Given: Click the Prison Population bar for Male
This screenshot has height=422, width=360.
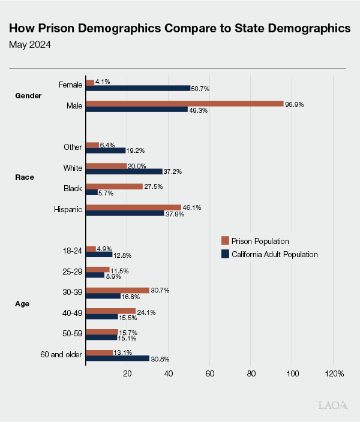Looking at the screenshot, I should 185,104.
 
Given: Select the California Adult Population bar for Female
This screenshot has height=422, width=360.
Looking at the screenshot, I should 138,88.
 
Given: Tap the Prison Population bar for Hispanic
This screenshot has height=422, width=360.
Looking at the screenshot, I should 134,207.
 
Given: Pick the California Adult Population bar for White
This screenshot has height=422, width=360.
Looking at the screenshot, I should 124,171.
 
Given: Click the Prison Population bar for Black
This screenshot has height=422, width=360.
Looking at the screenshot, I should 115,186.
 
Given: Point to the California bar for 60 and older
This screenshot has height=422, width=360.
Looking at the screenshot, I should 118,358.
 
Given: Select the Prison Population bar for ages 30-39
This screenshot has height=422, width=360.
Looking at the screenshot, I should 118,290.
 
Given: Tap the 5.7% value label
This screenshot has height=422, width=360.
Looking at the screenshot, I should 106,193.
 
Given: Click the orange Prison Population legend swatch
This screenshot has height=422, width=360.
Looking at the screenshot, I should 226,241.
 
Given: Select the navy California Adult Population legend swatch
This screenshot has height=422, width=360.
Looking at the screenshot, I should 226,254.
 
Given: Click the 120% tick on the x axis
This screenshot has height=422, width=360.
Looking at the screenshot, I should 334,374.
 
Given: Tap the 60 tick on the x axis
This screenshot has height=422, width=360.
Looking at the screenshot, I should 210,374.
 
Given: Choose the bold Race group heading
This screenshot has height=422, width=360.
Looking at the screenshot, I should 24,177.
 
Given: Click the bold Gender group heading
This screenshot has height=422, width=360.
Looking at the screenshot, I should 28,95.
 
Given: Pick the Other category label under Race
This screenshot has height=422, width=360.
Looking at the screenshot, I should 73,147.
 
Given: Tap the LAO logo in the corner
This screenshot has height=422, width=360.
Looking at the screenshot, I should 332,406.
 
